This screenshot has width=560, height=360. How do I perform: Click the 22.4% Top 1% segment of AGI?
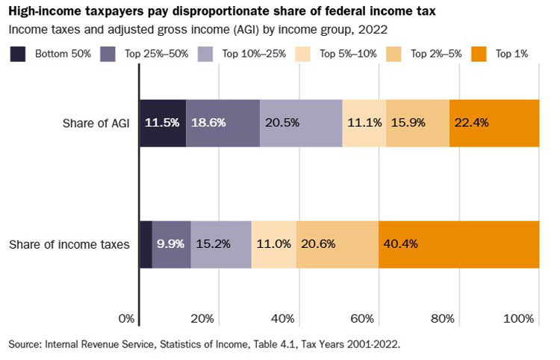point(494,122)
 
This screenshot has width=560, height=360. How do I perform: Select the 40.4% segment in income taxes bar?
point(458,244)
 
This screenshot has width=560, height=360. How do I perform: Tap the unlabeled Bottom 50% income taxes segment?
point(146,244)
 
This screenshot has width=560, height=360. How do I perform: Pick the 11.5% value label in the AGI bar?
point(163,122)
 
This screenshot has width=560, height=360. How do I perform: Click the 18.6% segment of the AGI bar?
point(223,122)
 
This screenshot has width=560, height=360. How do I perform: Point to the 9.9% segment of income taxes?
point(172,244)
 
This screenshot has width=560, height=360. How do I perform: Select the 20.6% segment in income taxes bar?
point(337,244)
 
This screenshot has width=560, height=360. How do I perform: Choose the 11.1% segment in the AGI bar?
point(364,122)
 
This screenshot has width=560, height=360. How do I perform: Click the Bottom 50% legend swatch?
point(19,54)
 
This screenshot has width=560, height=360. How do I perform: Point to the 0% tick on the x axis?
point(127,319)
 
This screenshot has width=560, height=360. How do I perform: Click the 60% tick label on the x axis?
point(362,319)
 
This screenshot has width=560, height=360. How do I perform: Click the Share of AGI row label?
point(96,122)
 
